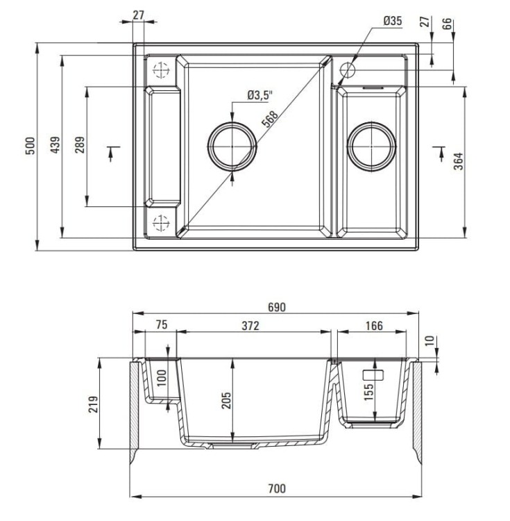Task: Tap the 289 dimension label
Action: [x=80, y=146]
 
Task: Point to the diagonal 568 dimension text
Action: [x=270, y=119]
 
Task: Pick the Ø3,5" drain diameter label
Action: [x=260, y=95]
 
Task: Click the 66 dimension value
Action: [x=448, y=22]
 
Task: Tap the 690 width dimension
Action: [x=276, y=306]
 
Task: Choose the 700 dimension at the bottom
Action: [x=276, y=489]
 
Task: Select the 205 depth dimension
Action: [x=226, y=402]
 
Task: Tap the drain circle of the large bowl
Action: [x=232, y=147]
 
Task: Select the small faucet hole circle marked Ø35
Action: [x=347, y=69]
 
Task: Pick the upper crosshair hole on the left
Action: [x=160, y=70]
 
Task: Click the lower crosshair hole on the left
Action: [x=160, y=222]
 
